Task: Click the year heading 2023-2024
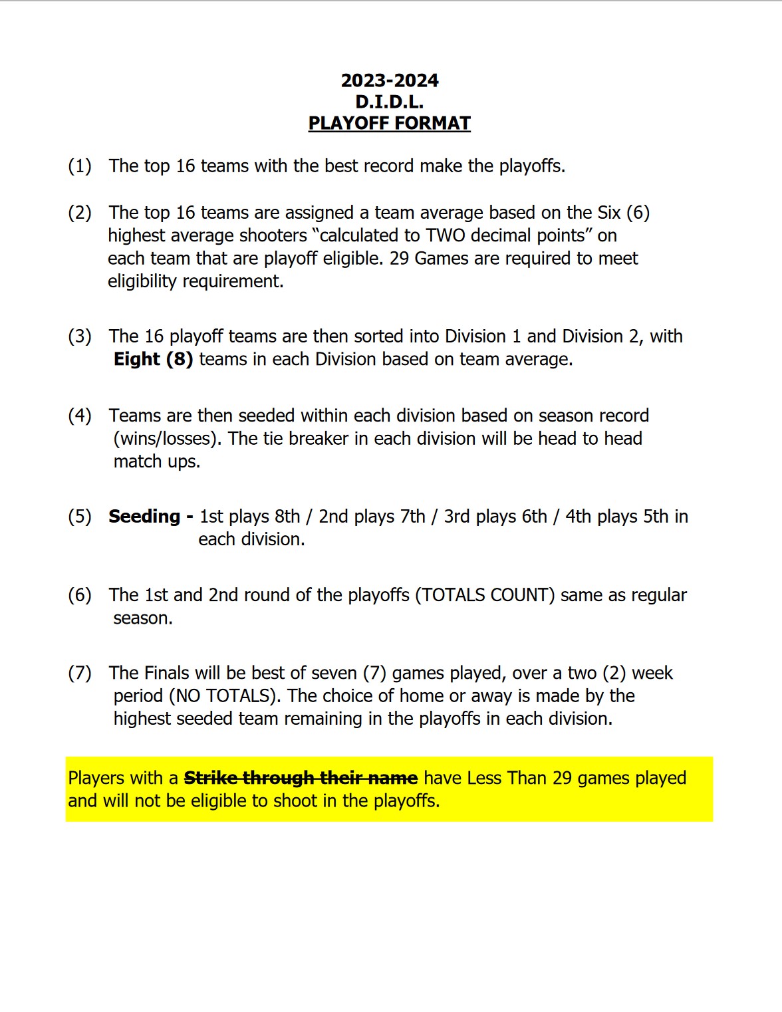pos(390,80)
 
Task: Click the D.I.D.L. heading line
pos(390,102)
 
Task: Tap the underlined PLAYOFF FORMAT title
pos(390,123)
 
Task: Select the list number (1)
pos(80,166)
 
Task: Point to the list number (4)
pos(80,416)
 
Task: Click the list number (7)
pos(80,673)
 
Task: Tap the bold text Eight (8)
pos(154,359)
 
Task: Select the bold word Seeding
pos(144,516)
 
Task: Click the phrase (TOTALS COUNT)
pos(485,594)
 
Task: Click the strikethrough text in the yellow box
pos(301,778)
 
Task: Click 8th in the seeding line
pos(287,516)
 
